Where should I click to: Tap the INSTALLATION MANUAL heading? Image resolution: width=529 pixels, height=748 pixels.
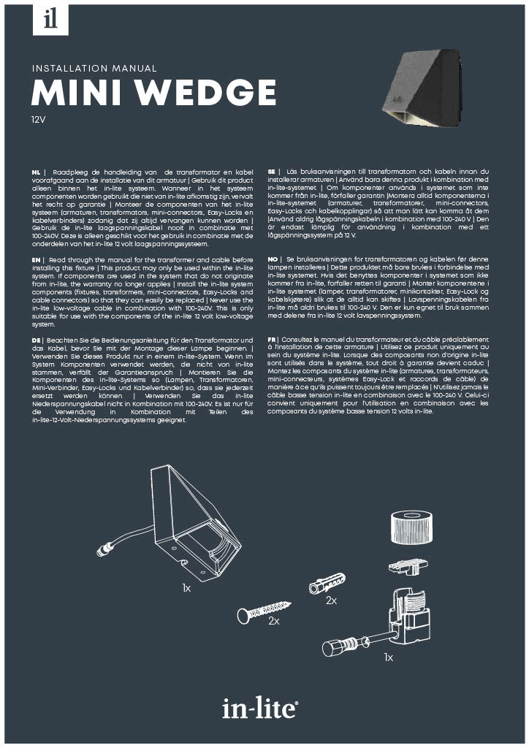pyautogui.click(x=94, y=69)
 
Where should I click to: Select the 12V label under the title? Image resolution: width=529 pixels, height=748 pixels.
pyautogui.click(x=39, y=118)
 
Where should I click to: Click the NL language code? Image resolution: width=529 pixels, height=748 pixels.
pyautogui.click(x=36, y=170)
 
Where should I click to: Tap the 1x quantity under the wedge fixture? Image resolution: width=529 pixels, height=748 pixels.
pyautogui.click(x=187, y=588)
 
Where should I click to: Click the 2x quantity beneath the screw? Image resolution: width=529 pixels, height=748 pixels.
pyautogui.click(x=274, y=621)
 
